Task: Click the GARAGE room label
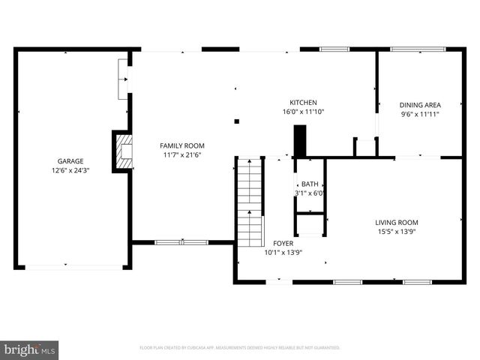point(71,161)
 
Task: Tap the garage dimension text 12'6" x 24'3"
point(71,170)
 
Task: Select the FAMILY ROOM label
point(182,145)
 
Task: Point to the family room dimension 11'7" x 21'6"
point(182,155)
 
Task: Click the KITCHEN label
point(303,103)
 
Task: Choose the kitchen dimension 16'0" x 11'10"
point(303,112)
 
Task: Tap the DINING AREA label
point(419,105)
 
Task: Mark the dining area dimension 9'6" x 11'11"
point(419,115)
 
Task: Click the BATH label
point(310,184)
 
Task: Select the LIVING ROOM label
point(397,223)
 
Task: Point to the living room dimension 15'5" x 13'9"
point(397,232)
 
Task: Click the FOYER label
point(283,244)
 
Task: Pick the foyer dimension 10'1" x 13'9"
point(283,253)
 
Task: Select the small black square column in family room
point(236,121)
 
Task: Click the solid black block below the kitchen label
point(300,141)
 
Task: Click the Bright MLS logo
point(30,349)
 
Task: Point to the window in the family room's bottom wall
point(181,242)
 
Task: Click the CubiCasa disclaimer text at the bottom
point(240,348)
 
